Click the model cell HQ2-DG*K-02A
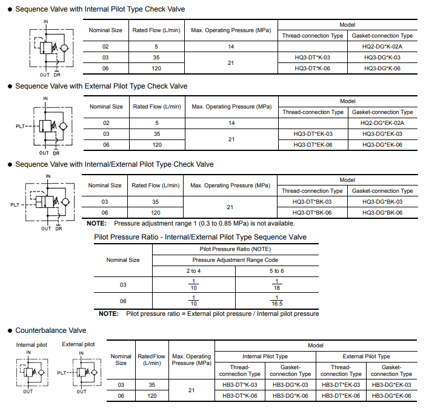[382, 47]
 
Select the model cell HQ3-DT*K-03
[313, 58]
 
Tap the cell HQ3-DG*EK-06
[382, 144]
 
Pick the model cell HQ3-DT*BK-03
[312, 201]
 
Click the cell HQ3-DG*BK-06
[382, 213]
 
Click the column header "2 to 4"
[194, 271]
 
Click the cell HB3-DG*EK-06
[391, 396]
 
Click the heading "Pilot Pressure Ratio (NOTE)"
[235, 249]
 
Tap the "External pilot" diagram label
[78, 344]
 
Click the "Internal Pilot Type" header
[265, 356]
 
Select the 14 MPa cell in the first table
[231, 47]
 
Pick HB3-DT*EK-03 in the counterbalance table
[341, 385]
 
